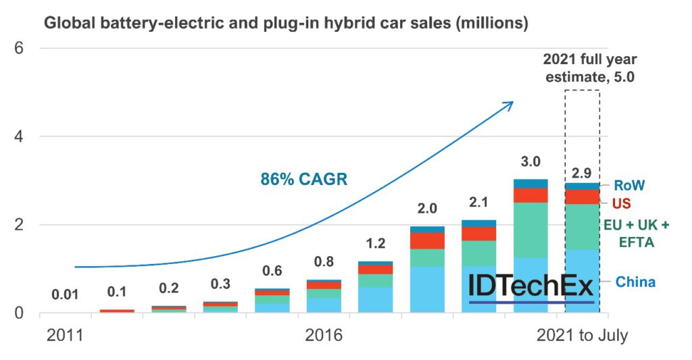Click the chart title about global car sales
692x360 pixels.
tap(286, 23)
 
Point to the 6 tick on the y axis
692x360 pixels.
tap(20, 49)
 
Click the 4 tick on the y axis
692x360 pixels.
tap(20, 136)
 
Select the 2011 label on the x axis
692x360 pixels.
tap(64, 335)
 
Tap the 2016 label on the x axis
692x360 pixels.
tap(323, 335)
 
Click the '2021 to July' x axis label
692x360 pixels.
tap(582, 335)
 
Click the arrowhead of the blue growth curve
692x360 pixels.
tap(508, 104)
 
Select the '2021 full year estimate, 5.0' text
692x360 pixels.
tap(582, 68)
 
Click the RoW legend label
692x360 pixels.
tap(629, 185)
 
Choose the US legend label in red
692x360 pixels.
tap(624, 203)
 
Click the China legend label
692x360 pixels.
tap(635, 281)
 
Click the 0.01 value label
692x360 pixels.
tap(66, 294)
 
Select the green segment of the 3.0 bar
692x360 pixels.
tap(530, 230)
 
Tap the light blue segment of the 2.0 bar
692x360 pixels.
tap(427, 289)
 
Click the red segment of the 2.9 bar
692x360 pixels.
tap(582, 197)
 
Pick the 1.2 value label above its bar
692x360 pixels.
tap(375, 243)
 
